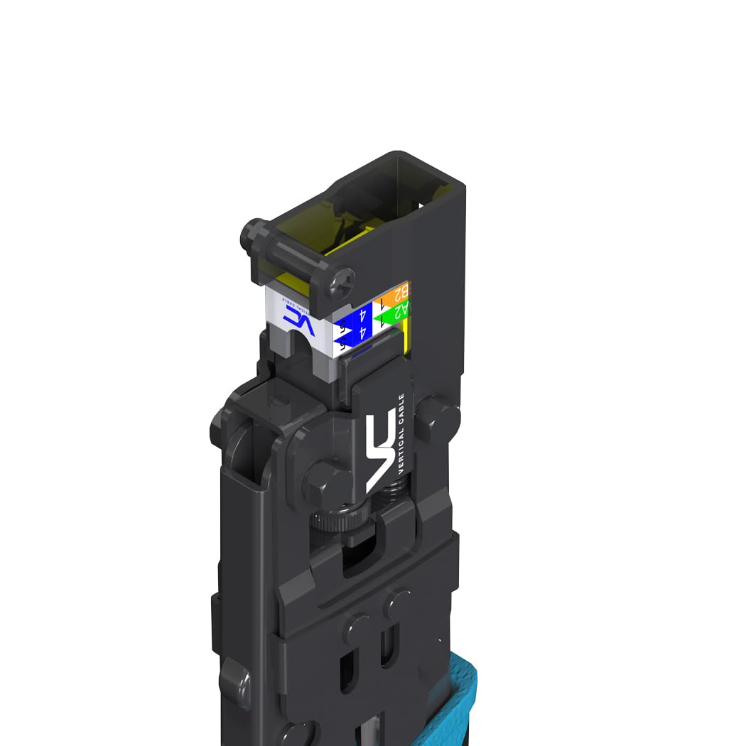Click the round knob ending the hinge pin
coord(250,232)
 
